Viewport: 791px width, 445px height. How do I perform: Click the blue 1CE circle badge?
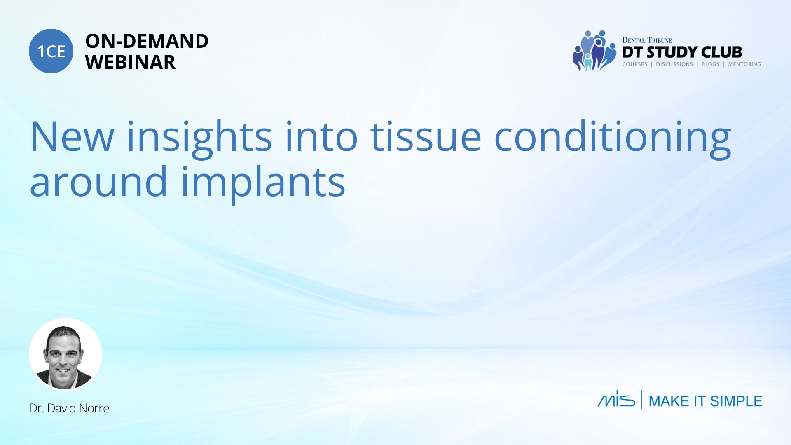(51, 51)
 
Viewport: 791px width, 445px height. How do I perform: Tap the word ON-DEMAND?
(147, 41)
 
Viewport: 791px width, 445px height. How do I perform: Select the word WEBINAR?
(130, 62)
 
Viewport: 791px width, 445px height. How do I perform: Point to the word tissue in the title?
(426, 136)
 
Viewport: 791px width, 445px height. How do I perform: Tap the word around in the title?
(98, 181)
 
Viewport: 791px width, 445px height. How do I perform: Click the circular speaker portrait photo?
(66, 354)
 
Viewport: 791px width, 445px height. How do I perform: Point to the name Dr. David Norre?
(69, 408)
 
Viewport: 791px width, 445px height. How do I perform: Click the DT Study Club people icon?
(594, 51)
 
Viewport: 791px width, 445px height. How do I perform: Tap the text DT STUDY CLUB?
(682, 52)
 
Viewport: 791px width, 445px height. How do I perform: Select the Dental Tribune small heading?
(647, 40)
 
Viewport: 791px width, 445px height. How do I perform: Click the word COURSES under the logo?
(635, 64)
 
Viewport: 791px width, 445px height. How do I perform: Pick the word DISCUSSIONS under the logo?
(674, 64)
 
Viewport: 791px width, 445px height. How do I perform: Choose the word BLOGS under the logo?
(710, 64)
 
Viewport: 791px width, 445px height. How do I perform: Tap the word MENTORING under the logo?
(744, 64)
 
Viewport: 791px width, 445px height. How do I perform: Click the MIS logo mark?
(616, 399)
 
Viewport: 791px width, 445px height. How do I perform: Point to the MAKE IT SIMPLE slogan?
(705, 401)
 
